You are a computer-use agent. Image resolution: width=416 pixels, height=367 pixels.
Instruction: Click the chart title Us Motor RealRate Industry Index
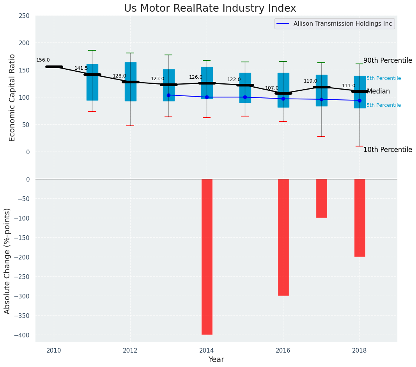(x=210, y=9)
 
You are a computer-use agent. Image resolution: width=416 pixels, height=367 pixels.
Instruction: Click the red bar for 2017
(x=322, y=198)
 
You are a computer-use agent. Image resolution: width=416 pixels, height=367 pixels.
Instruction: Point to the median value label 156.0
(x=43, y=60)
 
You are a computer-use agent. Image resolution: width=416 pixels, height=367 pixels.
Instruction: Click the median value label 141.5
(x=81, y=69)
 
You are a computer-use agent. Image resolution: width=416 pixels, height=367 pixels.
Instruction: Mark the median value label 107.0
(x=272, y=88)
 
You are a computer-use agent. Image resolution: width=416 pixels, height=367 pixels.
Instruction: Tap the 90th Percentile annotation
(x=388, y=61)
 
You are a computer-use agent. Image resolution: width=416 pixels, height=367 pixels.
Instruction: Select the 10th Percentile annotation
(x=388, y=150)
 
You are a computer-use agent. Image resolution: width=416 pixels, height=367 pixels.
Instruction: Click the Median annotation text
(x=378, y=92)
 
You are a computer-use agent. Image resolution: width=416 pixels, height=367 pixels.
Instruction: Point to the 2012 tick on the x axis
(x=130, y=351)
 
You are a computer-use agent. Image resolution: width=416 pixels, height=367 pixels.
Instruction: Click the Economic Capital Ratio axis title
(x=12, y=97)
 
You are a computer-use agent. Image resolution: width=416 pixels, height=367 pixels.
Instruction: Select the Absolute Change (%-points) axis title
(x=7, y=261)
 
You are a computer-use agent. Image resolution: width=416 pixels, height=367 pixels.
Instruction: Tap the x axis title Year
(x=216, y=360)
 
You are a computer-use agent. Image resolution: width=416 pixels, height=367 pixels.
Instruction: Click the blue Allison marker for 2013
(x=168, y=95)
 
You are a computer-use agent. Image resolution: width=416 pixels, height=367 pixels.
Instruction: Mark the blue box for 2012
(x=131, y=82)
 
